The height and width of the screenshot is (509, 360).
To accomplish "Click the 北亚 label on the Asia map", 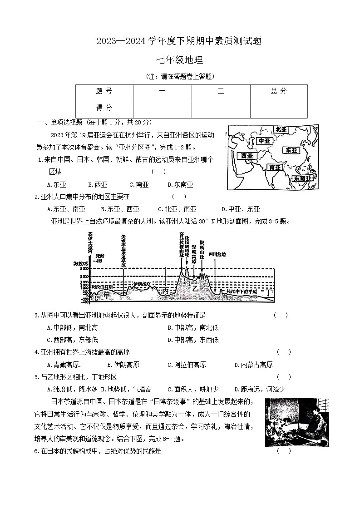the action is pos(282,130).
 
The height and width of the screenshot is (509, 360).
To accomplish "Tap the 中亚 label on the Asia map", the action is pos(264,141).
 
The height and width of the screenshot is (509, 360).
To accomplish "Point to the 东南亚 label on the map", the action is pos(304,178).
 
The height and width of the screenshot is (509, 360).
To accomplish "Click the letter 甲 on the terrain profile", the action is pos(107,295).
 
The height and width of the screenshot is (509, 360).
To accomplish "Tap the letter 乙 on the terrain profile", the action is pos(195,288).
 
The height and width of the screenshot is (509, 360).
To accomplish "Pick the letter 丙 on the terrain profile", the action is pos(165,291).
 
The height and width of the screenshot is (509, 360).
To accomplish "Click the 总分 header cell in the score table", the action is pos(279,91).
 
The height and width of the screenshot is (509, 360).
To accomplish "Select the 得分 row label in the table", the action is pos(104,108).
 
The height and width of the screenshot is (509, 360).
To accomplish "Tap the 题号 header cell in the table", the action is pos(104,91).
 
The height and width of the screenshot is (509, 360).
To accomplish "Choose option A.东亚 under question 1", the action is pos(56,184).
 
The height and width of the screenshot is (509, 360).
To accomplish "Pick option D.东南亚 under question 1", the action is pos(180,184).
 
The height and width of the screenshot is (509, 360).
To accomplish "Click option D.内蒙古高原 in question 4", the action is pos(253,364).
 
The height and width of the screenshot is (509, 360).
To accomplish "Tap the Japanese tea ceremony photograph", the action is pos(297,422).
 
